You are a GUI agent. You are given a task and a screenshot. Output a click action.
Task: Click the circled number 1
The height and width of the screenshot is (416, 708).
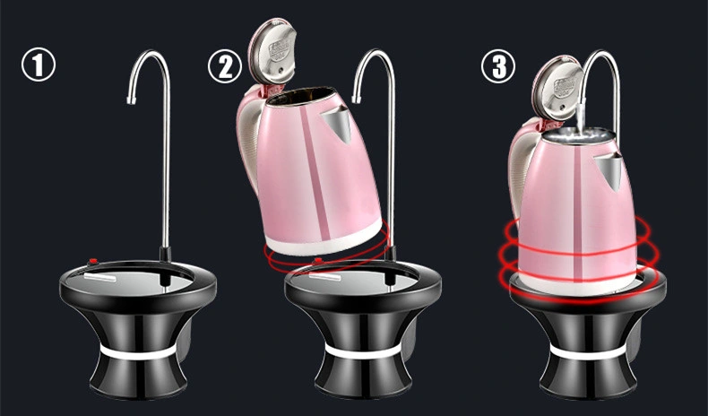coord(39,65)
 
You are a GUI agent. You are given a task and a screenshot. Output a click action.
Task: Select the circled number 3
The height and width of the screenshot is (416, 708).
coord(498,66)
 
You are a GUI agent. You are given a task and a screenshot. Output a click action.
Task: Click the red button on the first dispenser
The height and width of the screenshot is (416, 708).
coord(94,261)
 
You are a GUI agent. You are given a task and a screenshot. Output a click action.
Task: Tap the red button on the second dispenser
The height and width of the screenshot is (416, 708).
coord(318,261)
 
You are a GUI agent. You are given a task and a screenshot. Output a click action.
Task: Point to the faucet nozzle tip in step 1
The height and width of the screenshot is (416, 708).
coord(132,100)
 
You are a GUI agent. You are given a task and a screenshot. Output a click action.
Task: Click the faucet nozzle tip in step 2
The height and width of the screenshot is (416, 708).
coord(357,98)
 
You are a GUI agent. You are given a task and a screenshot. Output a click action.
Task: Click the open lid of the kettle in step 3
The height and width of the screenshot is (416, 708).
coord(557,89)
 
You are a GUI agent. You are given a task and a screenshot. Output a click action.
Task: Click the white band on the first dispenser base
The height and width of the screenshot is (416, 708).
coord(138,351)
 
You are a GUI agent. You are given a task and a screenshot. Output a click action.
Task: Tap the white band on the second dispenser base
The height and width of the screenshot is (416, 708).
coord(363,351)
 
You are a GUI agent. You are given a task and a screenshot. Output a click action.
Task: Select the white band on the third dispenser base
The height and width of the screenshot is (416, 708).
coord(587,351)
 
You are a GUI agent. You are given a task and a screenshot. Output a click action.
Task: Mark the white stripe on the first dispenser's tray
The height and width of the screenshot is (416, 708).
coord(99,276)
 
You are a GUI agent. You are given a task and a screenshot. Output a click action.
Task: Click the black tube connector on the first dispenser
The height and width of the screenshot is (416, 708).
coord(165,255)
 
